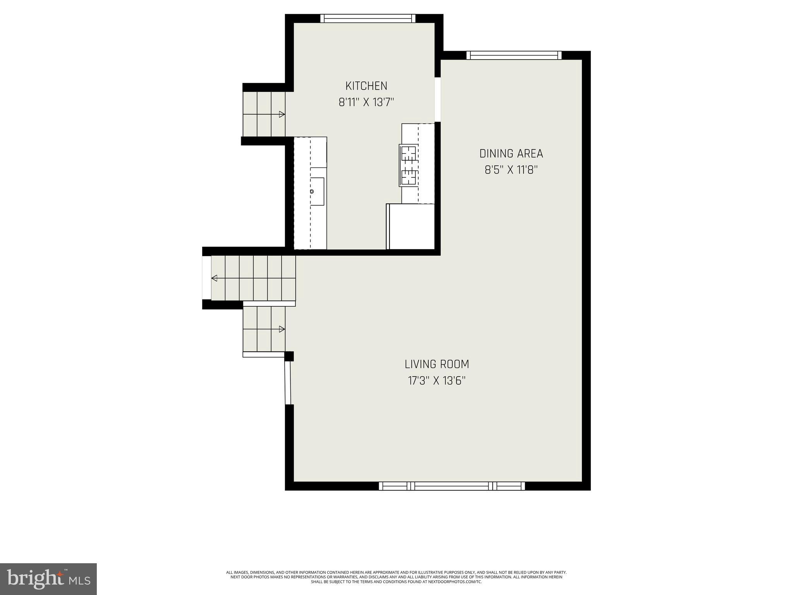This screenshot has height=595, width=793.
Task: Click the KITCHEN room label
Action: point(366,86)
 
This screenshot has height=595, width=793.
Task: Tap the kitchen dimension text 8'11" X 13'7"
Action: point(366,102)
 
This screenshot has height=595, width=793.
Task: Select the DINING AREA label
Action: point(511,153)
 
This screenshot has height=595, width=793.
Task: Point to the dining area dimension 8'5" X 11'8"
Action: point(511,170)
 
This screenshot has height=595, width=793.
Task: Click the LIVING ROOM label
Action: point(436,364)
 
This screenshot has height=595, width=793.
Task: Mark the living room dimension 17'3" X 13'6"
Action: point(436,381)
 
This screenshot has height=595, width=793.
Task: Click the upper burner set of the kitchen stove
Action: point(409,154)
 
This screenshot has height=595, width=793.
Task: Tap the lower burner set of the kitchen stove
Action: point(409,177)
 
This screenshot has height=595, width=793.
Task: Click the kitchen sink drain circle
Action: point(312,191)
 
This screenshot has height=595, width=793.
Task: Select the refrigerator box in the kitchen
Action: point(411,227)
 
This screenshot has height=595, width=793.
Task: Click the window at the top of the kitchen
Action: point(367,18)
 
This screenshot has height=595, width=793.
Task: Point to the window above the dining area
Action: point(514,55)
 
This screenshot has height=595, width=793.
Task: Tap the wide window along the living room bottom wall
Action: point(451,486)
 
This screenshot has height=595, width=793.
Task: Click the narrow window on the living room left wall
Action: point(288,383)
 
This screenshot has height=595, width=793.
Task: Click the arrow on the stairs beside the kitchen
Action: point(282,114)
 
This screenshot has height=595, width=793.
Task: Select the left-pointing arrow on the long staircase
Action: point(214,278)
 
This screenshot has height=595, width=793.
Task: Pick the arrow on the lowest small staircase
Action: point(282,329)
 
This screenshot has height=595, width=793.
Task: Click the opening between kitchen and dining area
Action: point(438,100)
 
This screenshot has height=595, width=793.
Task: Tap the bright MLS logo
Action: point(48,579)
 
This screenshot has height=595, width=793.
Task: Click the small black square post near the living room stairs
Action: point(289,356)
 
